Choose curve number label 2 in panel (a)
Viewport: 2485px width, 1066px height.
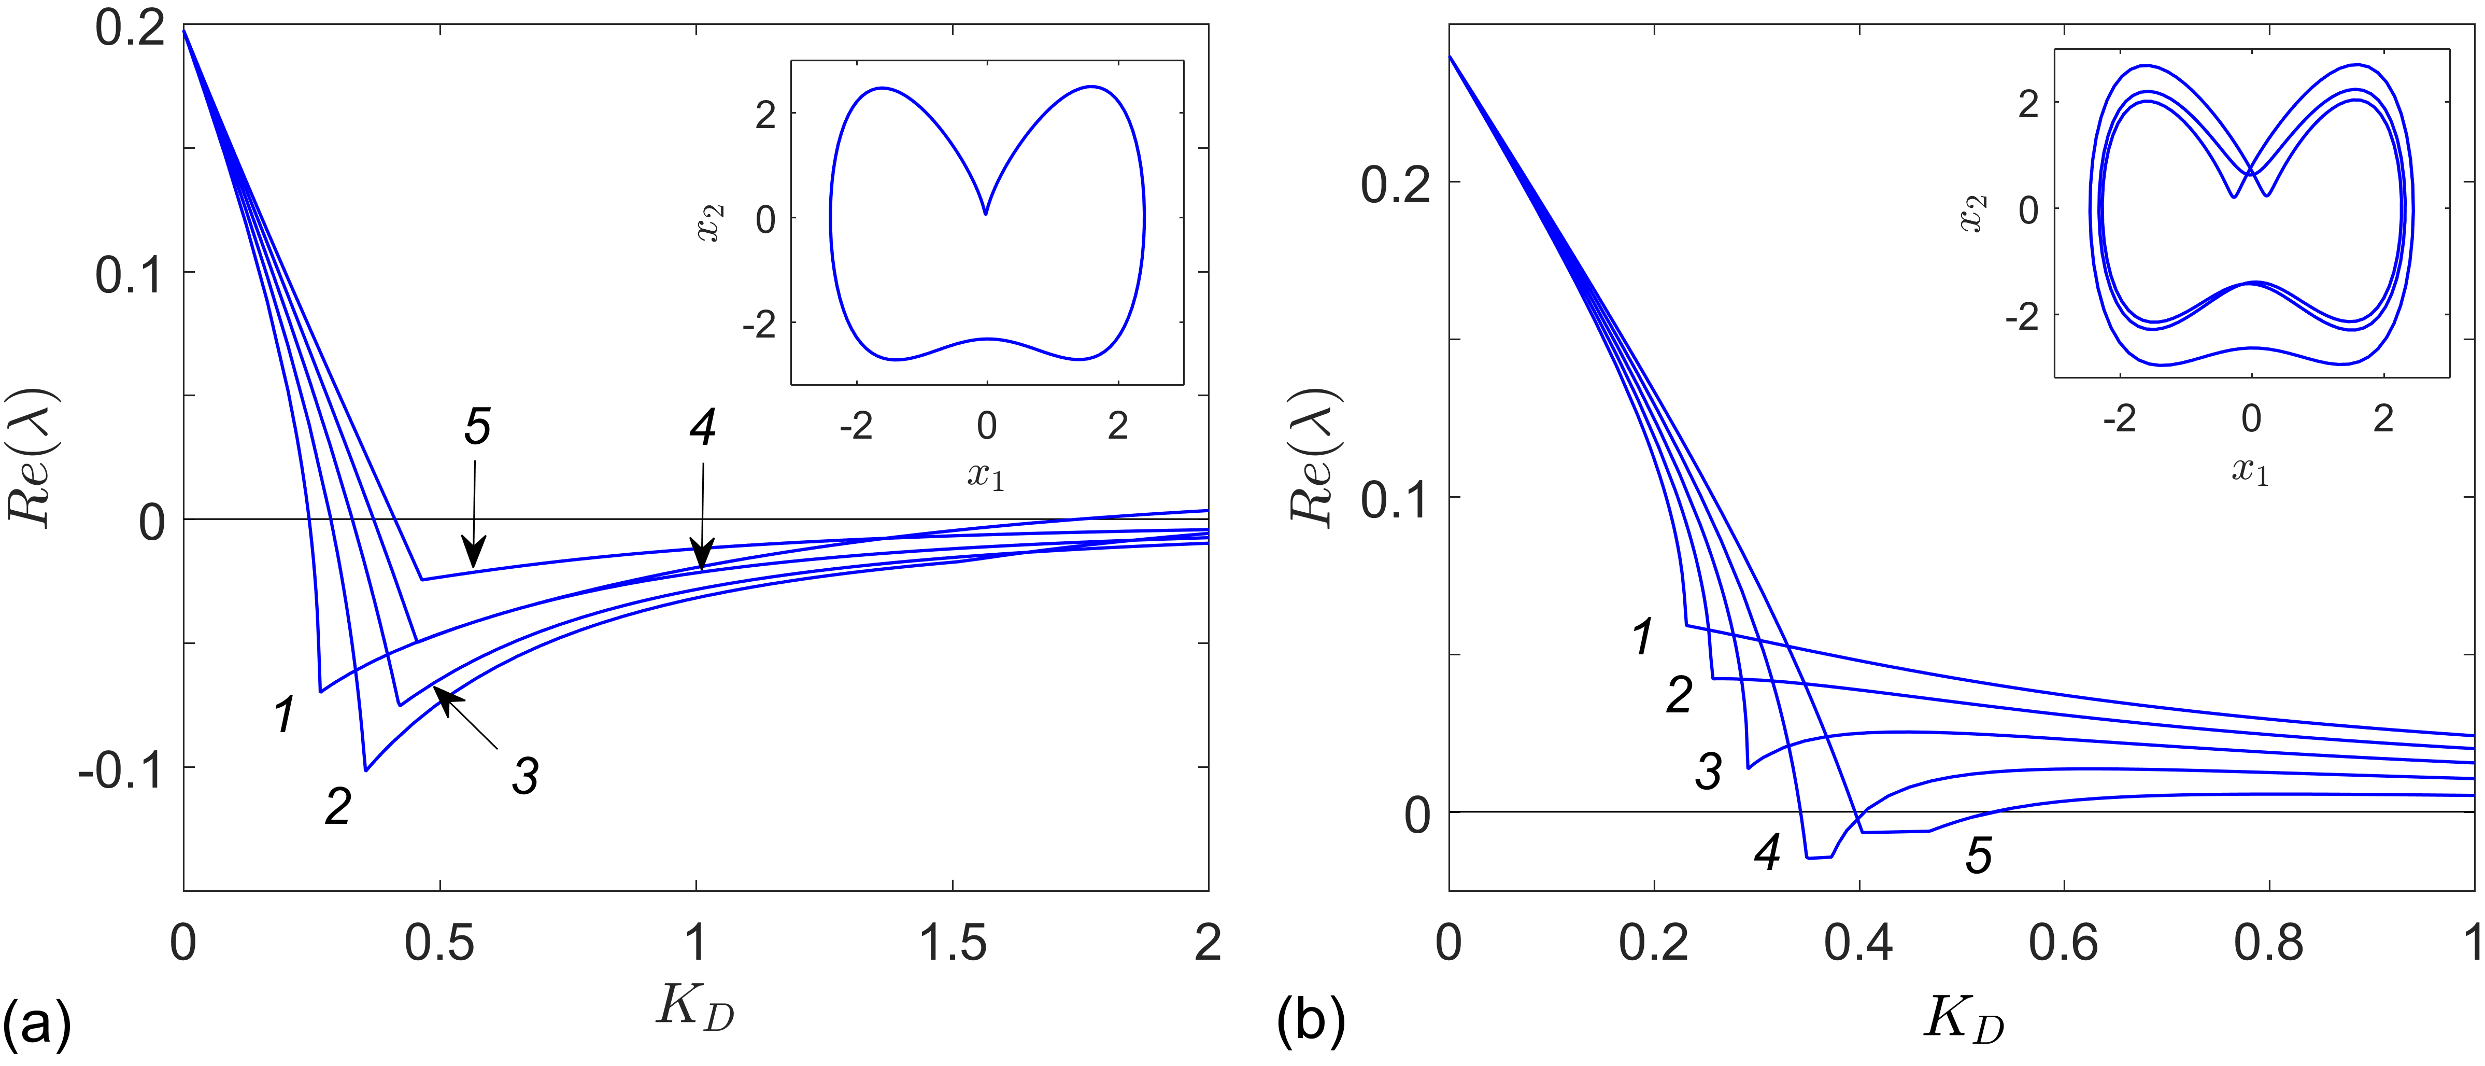click(x=337, y=806)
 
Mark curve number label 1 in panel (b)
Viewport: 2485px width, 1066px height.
click(x=1643, y=638)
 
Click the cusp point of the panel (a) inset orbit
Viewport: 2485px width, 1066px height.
click(x=985, y=213)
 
